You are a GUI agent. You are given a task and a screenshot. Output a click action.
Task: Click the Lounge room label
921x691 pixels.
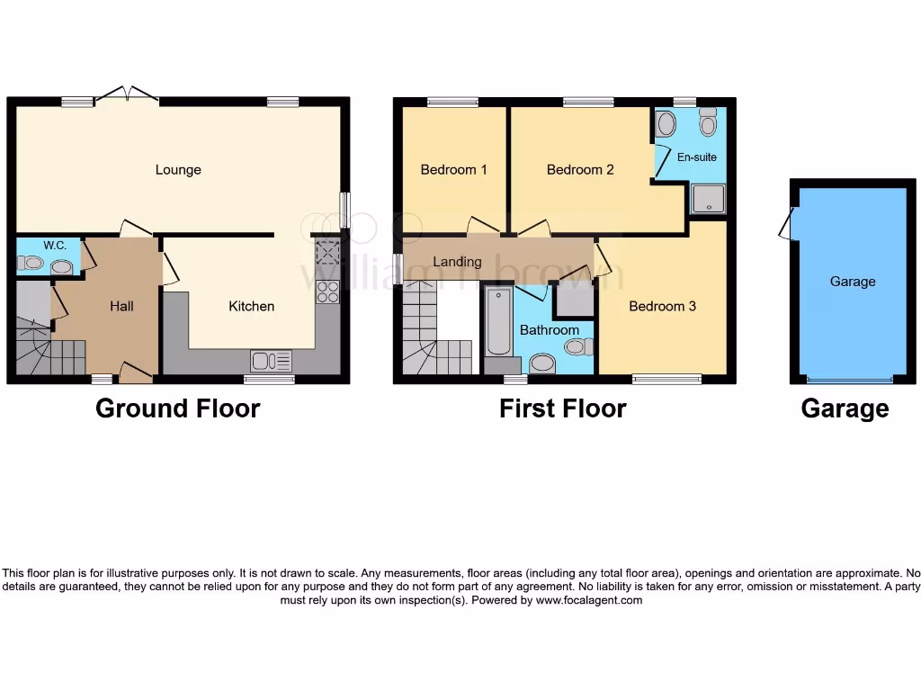(178, 170)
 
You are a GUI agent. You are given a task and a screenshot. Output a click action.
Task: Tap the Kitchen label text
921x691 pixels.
(251, 306)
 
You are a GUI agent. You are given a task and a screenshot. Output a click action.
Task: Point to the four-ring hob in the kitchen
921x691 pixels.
(327, 292)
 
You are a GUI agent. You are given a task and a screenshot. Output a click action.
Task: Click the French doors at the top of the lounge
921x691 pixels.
(127, 94)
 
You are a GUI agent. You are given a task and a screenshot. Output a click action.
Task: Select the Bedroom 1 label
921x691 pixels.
(453, 170)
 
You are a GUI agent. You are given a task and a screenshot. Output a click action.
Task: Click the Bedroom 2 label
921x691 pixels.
(580, 170)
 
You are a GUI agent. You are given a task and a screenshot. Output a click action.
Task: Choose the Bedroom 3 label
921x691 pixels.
(662, 306)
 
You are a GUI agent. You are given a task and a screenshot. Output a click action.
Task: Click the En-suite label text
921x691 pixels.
(696, 157)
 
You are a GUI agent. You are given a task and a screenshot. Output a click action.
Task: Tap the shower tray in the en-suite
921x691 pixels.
(708, 199)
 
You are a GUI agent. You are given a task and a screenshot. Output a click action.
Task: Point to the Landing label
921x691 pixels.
(457, 262)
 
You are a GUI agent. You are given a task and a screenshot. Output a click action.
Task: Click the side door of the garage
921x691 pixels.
(788, 224)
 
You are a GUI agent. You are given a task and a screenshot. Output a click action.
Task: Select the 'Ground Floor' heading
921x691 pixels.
(177, 408)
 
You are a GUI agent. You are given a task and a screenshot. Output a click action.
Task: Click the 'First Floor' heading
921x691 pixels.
(562, 408)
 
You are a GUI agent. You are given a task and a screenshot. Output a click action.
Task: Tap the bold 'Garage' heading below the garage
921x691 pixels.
(845, 408)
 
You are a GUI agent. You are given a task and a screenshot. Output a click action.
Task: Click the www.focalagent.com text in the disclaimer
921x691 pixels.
(589, 600)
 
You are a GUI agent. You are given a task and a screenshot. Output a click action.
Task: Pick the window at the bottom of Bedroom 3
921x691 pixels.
(666, 380)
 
